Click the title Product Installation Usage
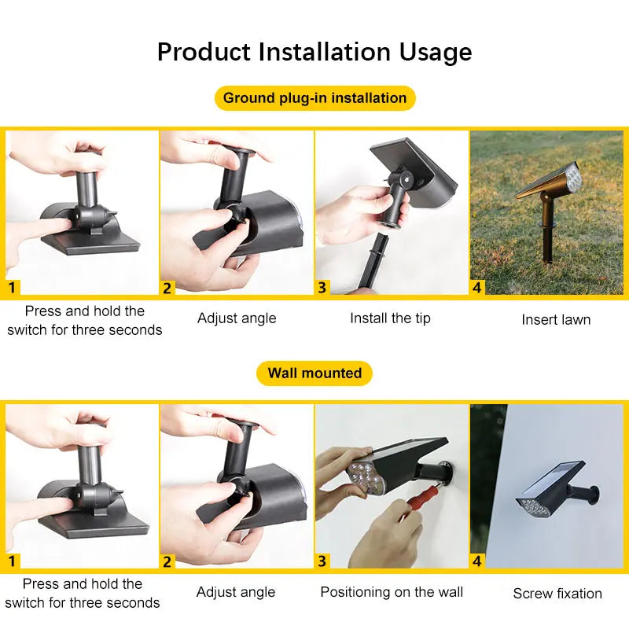coord(314,52)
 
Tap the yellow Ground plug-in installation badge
coord(314,98)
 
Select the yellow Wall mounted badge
coord(314,373)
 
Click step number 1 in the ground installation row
coord(11,288)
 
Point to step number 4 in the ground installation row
coord(477,288)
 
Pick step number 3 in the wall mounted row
coord(322,561)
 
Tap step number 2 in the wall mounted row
coord(167,561)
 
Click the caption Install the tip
coord(390,318)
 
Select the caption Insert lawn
coord(556,319)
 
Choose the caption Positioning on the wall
coord(392,592)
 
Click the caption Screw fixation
coord(557,594)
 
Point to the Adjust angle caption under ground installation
coord(237,318)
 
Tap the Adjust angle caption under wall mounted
coord(236,592)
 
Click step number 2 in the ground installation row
coord(167,288)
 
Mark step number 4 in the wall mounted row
coord(477,561)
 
